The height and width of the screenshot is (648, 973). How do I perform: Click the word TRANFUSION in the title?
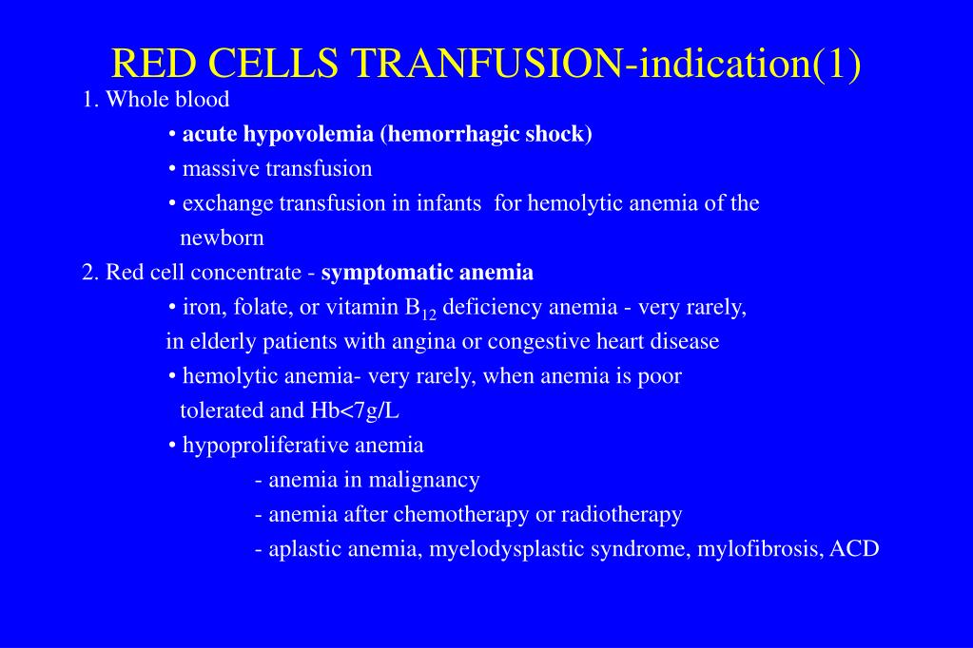tap(487, 63)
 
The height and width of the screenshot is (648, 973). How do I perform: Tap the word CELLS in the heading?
tap(274, 63)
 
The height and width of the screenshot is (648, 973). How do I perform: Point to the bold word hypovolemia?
tap(308, 135)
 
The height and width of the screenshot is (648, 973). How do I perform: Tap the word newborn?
tap(223, 238)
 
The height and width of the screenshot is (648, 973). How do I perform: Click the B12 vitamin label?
tap(420, 309)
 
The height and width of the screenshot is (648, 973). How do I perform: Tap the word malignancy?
tap(424, 481)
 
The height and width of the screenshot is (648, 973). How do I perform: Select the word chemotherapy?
tap(461, 515)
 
